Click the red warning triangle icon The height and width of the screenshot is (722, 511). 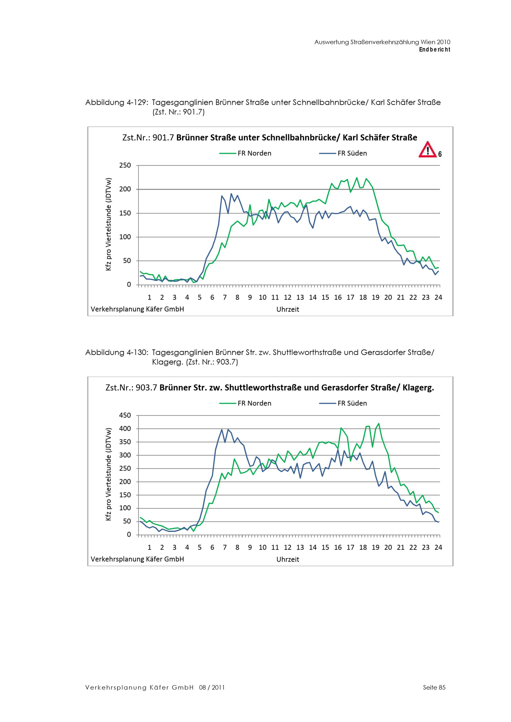(427, 150)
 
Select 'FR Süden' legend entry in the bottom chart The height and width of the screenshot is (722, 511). (352, 403)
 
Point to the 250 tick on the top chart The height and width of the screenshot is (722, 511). (125, 165)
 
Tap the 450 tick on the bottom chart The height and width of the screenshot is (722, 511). (125, 415)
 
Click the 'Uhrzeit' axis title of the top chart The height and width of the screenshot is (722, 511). (287, 309)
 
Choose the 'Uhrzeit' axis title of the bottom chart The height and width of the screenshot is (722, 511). (287, 559)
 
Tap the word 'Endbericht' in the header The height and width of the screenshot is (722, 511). (435, 50)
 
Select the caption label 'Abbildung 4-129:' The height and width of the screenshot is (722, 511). (117, 103)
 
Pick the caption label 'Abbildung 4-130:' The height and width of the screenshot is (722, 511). (117, 353)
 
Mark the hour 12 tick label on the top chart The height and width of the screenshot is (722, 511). (287, 297)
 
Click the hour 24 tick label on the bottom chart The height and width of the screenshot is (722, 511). (438, 547)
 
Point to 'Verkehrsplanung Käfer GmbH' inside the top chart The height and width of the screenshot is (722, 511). (137, 309)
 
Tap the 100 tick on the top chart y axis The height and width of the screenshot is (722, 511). (125, 237)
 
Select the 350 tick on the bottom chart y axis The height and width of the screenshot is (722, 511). (125, 442)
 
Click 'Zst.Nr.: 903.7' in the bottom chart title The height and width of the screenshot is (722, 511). (131, 388)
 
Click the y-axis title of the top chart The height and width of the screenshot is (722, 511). (109, 224)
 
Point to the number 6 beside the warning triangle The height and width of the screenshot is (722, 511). (440, 154)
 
